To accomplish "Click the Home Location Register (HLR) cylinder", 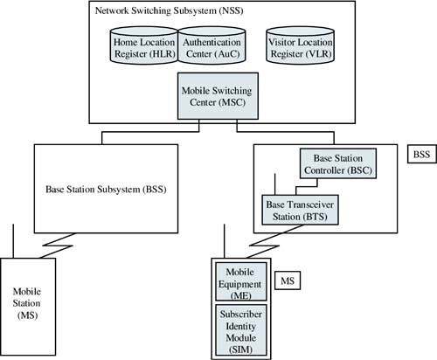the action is tap(144, 45).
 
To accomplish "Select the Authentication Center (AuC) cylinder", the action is tap(212, 45).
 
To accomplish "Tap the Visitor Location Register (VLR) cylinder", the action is tap(301, 45).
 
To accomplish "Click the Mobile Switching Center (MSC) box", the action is tap(218, 96).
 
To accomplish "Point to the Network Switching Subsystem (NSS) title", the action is tap(169, 10).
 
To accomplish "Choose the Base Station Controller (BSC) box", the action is tap(338, 163).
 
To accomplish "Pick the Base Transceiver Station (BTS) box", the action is tap(300, 210).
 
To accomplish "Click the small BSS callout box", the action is tap(421, 154).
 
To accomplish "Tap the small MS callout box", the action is tap(288, 280).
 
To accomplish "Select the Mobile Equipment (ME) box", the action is tap(241, 281).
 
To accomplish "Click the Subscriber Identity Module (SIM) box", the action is tap(241, 330).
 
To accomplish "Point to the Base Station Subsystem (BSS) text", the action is tap(106, 190).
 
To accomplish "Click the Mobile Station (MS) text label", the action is tap(27, 303).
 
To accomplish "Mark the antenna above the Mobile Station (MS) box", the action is tap(13, 241).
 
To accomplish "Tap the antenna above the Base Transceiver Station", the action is tap(275, 184).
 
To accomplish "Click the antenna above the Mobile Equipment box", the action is tap(224, 241).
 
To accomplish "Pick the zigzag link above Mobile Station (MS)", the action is tap(56, 246).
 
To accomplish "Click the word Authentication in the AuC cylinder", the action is tap(212, 42).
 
